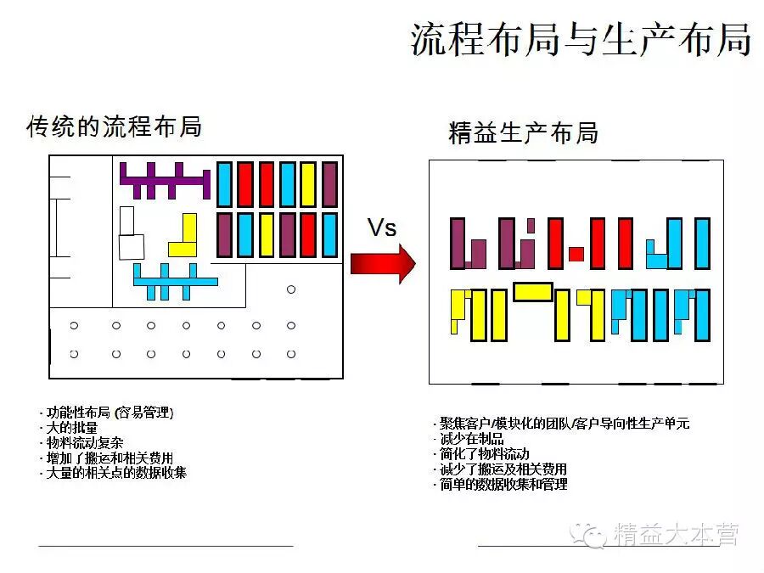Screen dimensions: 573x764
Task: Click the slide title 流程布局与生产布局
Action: point(581,39)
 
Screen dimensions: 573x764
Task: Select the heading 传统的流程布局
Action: point(115,126)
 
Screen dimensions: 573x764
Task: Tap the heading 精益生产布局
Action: point(523,133)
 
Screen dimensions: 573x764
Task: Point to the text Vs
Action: point(382,228)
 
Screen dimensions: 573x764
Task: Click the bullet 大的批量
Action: point(71,428)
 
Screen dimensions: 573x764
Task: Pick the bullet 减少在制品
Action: point(471,438)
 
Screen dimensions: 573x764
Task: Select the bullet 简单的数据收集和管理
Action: point(503,484)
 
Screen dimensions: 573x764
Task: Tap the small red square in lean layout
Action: point(576,253)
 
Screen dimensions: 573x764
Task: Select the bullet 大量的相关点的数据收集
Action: point(115,473)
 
